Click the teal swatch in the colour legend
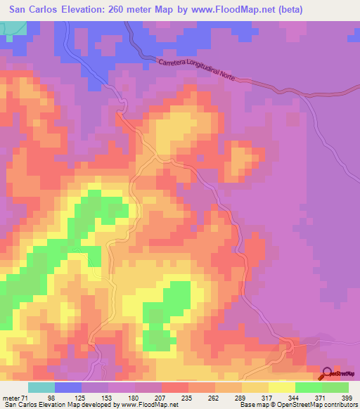(41, 387)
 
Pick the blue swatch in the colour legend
(68, 387)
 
